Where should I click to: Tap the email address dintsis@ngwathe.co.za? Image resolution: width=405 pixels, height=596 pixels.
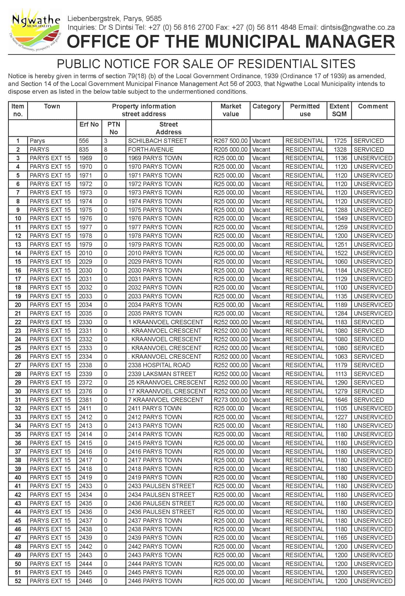point(357,27)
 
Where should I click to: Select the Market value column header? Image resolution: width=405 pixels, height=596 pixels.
point(231,110)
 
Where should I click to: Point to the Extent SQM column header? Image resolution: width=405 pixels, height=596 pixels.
point(339,110)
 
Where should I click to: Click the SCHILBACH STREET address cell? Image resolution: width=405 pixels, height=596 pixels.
point(157,141)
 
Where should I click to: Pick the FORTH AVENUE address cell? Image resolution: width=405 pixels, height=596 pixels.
point(151,150)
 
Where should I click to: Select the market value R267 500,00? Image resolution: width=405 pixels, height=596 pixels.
point(230,141)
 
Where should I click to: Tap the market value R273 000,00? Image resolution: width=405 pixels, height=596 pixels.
point(230,400)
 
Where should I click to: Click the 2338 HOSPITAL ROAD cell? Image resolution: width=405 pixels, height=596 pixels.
point(159,365)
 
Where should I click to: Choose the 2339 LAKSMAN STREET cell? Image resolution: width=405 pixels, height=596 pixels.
point(162,374)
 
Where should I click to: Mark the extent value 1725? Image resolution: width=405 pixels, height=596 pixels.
point(340,141)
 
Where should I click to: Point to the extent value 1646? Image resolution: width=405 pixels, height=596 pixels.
point(341,400)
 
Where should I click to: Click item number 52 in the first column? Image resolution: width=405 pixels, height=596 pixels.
point(18,581)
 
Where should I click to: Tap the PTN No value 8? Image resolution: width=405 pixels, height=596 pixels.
point(106,150)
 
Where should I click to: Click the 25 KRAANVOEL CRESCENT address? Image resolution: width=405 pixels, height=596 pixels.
point(167,382)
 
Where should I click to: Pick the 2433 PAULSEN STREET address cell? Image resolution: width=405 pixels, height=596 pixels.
point(161,486)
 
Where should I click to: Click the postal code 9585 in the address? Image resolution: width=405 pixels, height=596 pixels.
point(154,19)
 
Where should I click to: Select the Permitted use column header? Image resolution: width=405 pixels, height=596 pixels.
point(305,110)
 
